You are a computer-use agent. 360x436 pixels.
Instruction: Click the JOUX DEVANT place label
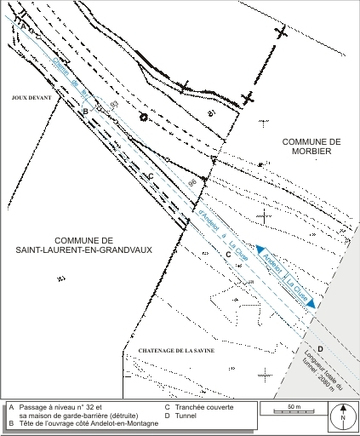click(31, 98)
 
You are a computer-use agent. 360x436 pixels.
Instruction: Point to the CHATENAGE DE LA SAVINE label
click(170, 351)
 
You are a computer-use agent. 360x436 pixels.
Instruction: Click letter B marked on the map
click(85, 111)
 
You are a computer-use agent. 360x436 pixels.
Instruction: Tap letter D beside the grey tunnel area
click(320, 349)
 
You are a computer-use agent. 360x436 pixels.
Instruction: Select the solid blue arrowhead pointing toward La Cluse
click(312, 302)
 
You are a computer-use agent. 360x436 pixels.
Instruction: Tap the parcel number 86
click(191, 184)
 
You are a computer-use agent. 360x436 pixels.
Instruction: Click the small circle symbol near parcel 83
click(143, 117)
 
